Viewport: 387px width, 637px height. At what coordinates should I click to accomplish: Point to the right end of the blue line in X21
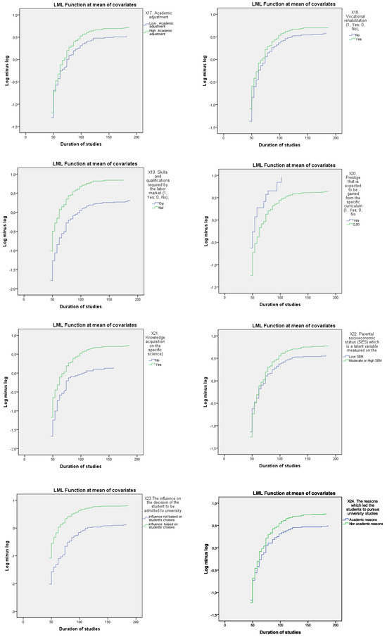113,367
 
